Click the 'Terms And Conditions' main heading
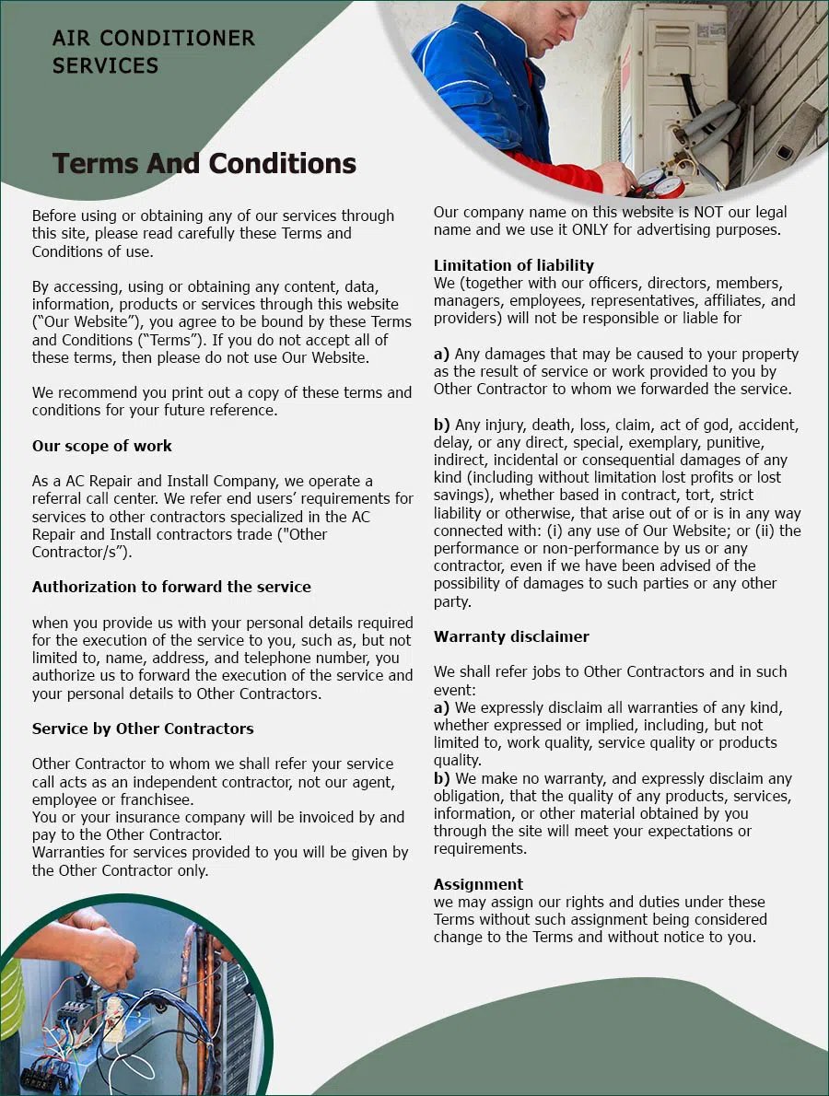(x=204, y=163)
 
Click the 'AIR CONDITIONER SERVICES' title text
(x=153, y=52)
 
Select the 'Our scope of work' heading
(x=101, y=446)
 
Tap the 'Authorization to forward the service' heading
(x=171, y=587)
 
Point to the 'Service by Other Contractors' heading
(x=142, y=729)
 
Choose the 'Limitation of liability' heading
(x=513, y=265)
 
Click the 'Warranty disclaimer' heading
(x=511, y=636)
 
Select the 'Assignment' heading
(x=478, y=884)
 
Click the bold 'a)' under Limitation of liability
(x=441, y=354)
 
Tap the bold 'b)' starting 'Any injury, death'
(x=441, y=425)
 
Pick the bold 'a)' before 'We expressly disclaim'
(x=441, y=707)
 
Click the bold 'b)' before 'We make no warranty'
(x=441, y=778)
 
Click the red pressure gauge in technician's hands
(x=669, y=185)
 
